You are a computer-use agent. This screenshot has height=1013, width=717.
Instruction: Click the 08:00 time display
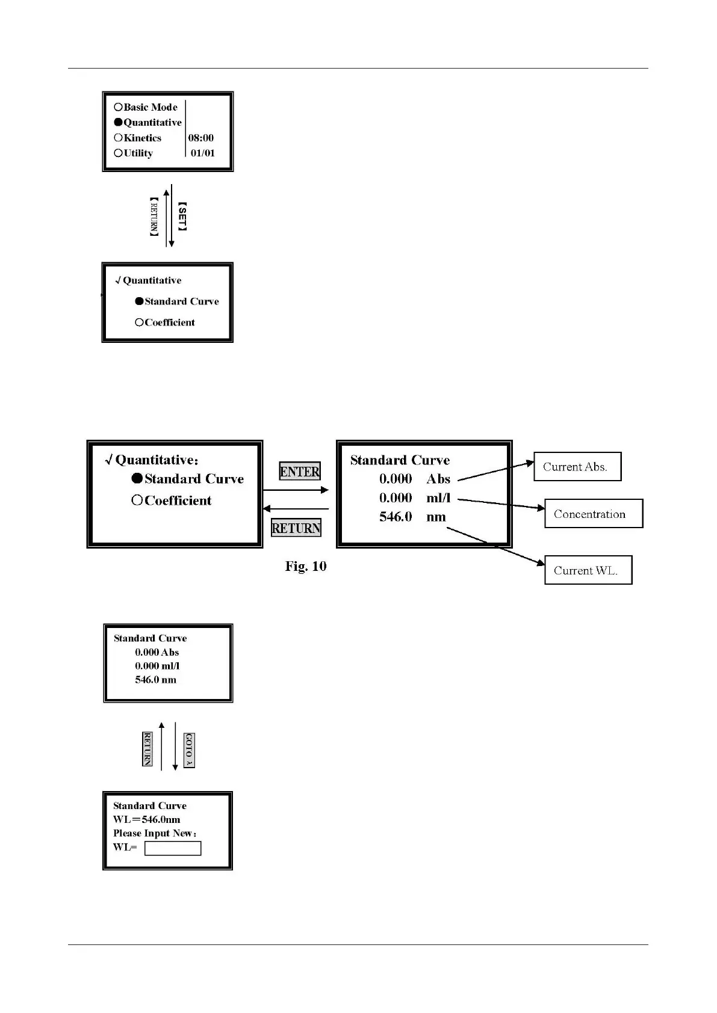(x=201, y=138)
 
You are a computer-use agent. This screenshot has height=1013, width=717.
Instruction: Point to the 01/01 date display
(x=203, y=153)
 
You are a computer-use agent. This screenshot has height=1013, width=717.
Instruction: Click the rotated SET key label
(x=182, y=217)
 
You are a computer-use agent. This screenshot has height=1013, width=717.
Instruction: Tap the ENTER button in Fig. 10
(x=300, y=472)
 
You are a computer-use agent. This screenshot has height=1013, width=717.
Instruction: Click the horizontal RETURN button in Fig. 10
(x=296, y=528)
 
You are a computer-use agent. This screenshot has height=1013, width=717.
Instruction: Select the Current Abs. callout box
(x=577, y=467)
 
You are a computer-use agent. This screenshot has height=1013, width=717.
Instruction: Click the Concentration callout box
(x=593, y=514)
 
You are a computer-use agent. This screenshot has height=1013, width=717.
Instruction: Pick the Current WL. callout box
(x=588, y=570)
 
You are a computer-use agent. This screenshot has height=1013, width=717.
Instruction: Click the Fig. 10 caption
(x=306, y=566)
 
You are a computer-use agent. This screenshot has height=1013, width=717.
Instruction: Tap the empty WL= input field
(x=173, y=848)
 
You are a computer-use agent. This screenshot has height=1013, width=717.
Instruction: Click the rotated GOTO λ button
(x=189, y=750)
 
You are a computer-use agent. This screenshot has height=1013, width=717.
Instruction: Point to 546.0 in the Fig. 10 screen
(x=396, y=517)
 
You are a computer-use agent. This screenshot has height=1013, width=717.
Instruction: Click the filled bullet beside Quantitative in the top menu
(x=119, y=123)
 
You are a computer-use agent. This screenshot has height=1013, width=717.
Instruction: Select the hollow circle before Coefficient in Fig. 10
(x=137, y=500)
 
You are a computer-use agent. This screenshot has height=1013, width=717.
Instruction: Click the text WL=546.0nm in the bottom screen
(x=147, y=819)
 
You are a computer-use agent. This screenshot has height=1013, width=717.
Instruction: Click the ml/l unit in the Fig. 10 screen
(x=438, y=498)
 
